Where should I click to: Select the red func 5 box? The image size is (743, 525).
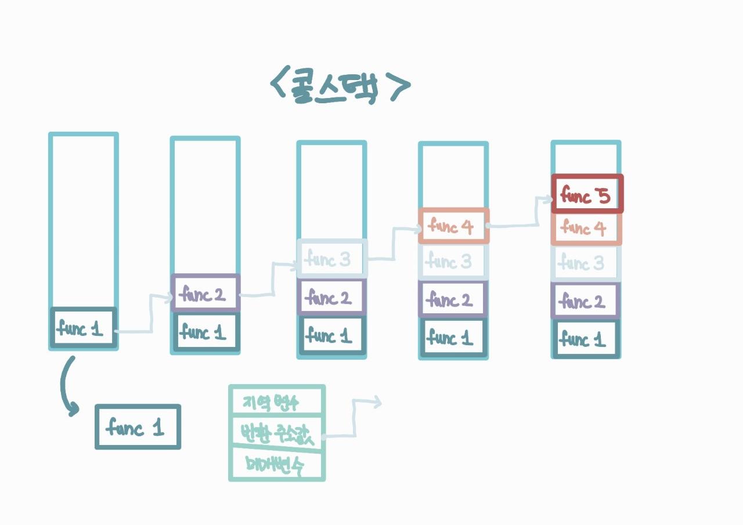click(x=587, y=194)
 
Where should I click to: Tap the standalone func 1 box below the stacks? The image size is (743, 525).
click(x=138, y=427)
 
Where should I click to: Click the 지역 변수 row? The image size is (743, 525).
click(x=276, y=401)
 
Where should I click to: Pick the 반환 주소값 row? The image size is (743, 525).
click(x=276, y=431)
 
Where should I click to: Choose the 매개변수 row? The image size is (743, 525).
click(x=276, y=464)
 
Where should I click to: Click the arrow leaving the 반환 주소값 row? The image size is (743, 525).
click(x=354, y=418)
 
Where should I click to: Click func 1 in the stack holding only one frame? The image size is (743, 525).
click(x=83, y=328)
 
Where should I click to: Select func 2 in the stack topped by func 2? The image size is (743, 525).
click(x=205, y=294)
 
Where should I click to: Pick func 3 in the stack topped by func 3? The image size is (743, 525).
click(x=332, y=258)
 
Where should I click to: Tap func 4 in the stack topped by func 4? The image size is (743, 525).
click(x=453, y=226)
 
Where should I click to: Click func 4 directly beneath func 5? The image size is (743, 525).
click(x=586, y=229)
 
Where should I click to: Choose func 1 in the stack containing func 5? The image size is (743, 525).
click(x=586, y=339)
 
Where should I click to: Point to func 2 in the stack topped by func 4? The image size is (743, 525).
click(x=453, y=300)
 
